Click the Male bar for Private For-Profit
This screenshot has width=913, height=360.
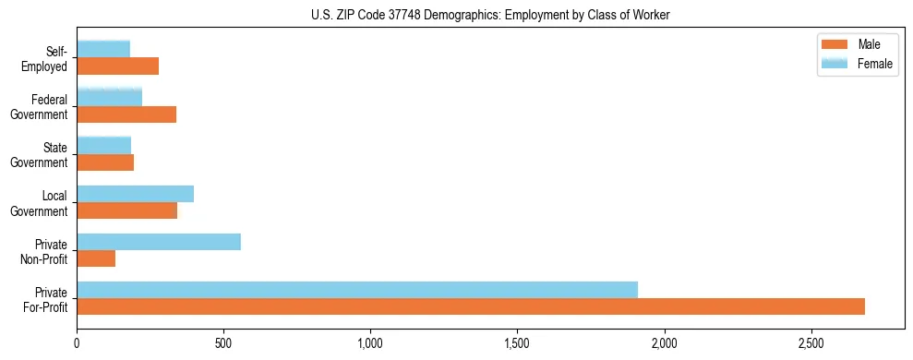click(x=471, y=306)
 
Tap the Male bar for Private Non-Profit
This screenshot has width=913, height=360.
click(x=96, y=258)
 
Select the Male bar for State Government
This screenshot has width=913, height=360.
click(x=105, y=162)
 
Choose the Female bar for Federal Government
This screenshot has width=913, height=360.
click(x=109, y=98)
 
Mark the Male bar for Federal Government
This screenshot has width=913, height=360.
click(x=126, y=114)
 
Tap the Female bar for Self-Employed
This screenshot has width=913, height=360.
click(x=103, y=50)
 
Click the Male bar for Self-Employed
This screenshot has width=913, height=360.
click(x=117, y=66)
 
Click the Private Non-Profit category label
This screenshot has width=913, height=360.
click(x=46, y=250)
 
